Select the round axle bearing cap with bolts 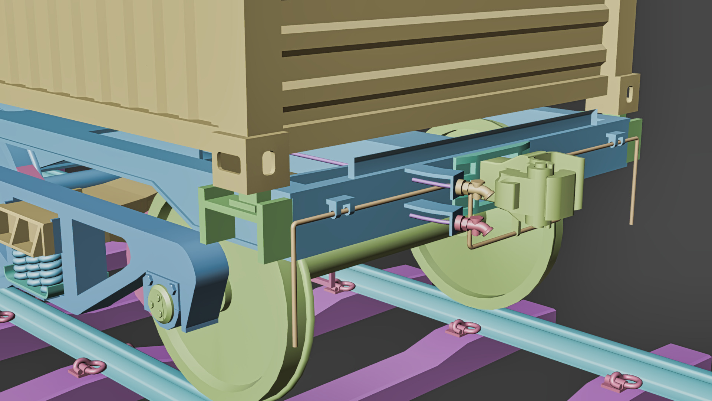[161, 303]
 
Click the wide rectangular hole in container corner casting [229, 162]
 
